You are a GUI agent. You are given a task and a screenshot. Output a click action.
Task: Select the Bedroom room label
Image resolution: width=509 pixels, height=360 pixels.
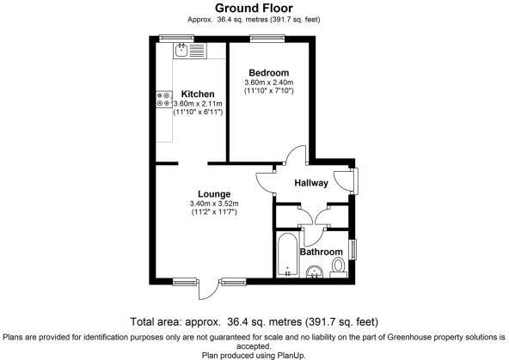point(268,71)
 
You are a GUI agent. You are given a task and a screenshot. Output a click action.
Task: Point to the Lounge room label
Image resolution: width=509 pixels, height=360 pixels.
point(214,193)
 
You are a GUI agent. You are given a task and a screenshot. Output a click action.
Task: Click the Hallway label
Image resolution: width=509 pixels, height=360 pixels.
point(311,183)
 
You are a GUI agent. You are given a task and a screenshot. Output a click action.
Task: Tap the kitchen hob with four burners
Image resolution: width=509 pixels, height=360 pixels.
point(163,101)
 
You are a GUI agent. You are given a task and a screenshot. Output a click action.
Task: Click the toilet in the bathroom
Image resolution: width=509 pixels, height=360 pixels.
point(338,266)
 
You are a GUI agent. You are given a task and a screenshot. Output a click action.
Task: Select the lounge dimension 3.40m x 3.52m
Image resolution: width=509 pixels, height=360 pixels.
point(214,204)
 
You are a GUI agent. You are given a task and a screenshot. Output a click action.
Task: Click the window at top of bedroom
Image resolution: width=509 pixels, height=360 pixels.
point(262,37)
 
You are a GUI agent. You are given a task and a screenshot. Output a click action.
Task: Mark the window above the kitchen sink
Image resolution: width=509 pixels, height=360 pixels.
point(178,37)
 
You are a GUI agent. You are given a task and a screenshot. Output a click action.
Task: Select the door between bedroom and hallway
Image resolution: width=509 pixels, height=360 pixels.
point(296,156)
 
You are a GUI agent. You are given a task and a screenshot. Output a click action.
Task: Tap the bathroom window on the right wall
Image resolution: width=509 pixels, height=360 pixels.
point(354,249)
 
